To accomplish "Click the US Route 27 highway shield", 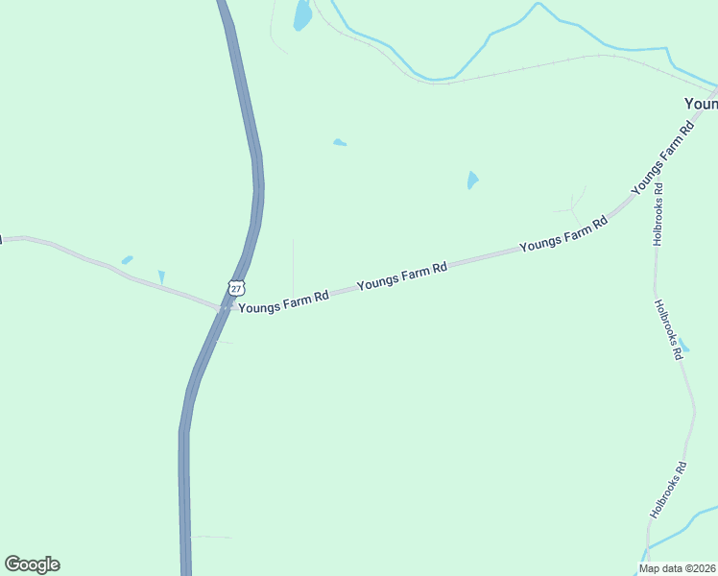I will tap(237, 287).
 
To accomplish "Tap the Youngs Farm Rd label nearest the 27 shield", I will tap(283, 302).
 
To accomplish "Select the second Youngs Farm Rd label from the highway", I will tap(402, 277).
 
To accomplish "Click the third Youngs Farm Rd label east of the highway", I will tap(563, 233).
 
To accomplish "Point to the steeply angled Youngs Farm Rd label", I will tap(662, 159).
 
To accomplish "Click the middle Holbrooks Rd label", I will tap(668, 329).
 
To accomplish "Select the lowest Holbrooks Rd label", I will tap(668, 491).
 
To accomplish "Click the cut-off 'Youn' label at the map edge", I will tap(700, 103).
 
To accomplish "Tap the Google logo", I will tap(32, 564).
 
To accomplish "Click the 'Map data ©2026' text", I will tap(678, 568).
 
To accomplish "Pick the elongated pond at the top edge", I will tap(302, 14).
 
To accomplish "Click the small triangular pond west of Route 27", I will tap(161, 277).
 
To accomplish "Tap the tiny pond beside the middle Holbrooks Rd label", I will tap(684, 346).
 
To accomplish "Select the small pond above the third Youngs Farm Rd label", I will tap(472, 180).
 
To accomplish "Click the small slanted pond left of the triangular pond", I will tap(127, 259).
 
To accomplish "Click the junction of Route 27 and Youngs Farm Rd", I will tap(223, 307).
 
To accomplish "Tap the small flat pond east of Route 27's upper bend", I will tap(340, 143).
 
